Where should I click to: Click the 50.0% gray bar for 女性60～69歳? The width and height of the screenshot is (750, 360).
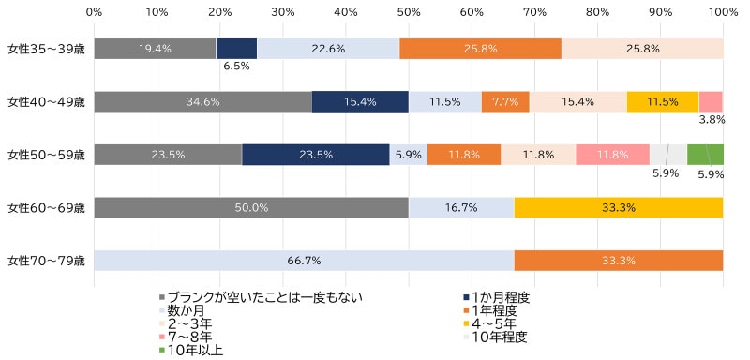[x=251, y=207]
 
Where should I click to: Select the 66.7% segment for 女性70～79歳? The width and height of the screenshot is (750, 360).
[x=304, y=261]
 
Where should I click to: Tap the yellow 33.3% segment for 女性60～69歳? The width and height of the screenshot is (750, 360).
[x=618, y=207]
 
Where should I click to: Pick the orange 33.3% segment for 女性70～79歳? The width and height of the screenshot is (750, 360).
[x=618, y=261]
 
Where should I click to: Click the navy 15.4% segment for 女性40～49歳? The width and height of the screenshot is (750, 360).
[x=360, y=101]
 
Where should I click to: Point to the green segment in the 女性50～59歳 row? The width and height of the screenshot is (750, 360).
[x=705, y=155]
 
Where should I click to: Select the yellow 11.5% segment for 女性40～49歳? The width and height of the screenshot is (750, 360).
[x=663, y=101]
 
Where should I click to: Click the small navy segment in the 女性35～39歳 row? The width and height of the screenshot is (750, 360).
[x=236, y=49]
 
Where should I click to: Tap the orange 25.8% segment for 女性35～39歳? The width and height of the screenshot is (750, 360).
[x=480, y=49]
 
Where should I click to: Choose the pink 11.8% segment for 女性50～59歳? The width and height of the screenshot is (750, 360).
[x=612, y=155]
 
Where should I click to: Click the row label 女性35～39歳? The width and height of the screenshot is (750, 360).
[x=45, y=49]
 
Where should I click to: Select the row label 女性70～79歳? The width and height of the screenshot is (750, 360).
[x=45, y=261]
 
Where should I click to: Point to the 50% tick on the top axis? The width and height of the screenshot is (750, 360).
[x=408, y=12]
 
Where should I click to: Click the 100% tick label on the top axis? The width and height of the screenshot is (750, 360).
[x=722, y=12]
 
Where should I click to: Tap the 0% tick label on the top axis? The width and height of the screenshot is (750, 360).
[x=94, y=12]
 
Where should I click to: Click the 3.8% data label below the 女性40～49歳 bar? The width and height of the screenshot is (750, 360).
[x=712, y=120]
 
